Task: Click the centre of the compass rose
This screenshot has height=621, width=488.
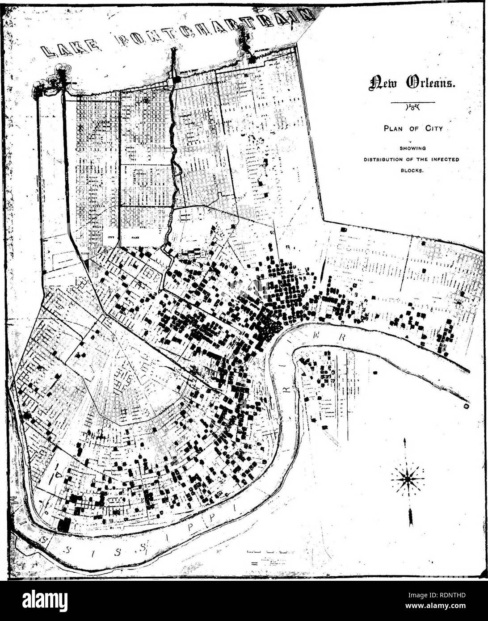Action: (x=407, y=479)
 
